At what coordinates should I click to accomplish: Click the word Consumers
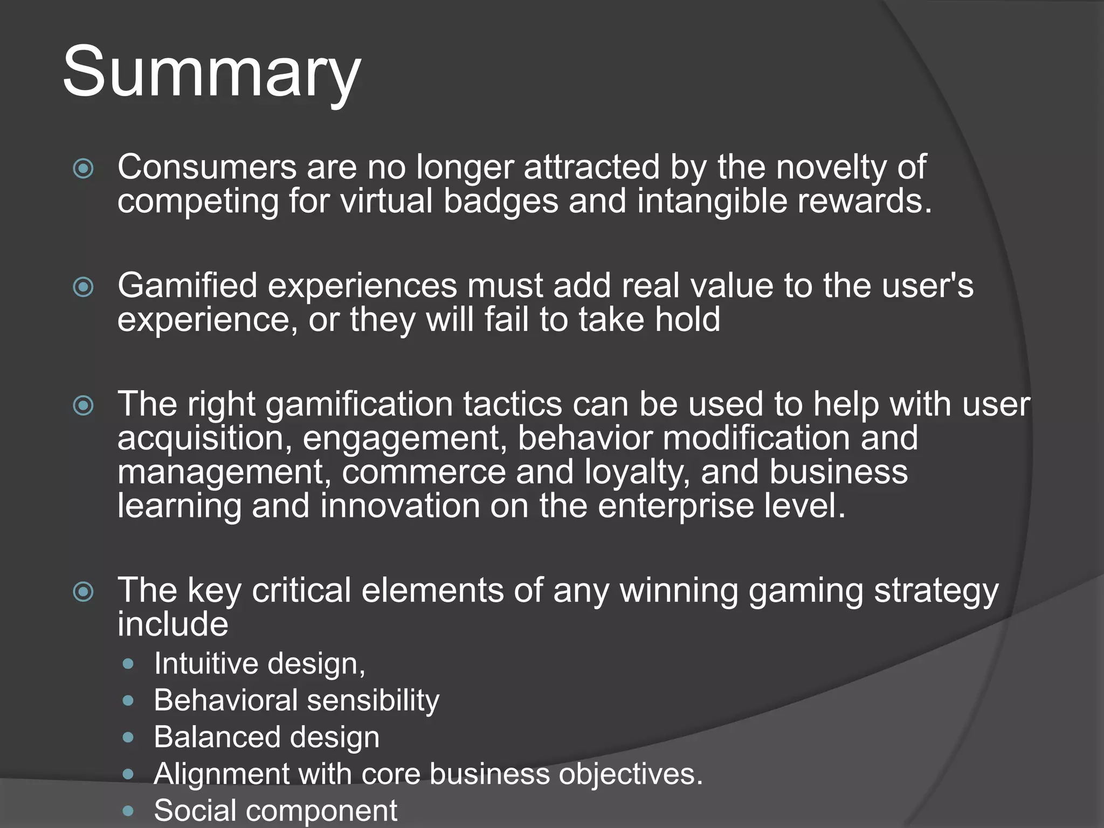coord(207,167)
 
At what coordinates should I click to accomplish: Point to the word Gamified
coord(188,286)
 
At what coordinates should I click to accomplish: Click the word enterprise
coord(675,507)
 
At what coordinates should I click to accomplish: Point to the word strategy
coord(936,591)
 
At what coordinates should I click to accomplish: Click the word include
coord(172,625)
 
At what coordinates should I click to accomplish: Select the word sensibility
coord(373,701)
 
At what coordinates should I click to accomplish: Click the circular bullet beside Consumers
coord(83,168)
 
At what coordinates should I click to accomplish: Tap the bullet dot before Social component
coord(128,810)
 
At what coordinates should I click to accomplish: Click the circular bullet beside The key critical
coord(83,592)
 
